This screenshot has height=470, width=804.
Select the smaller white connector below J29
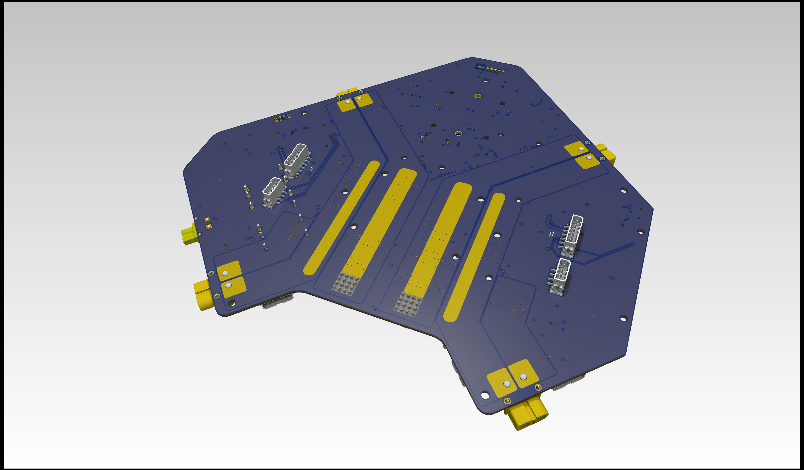272,191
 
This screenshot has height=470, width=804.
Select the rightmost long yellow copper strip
474,257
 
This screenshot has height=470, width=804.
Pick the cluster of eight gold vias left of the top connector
282,117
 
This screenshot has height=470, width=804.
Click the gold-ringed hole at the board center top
478,96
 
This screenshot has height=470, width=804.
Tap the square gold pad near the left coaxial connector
209,226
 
